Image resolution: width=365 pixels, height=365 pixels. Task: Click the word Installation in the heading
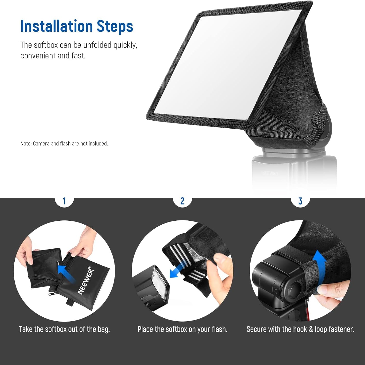[x=56, y=26]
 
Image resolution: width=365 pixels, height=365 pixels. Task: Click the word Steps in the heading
[x=115, y=26]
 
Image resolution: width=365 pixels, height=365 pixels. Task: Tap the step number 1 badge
[x=64, y=201]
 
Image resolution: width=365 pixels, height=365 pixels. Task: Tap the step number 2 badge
[x=182, y=201]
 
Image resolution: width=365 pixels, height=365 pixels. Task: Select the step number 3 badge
[x=300, y=201]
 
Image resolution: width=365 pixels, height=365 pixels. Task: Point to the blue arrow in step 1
[x=66, y=274]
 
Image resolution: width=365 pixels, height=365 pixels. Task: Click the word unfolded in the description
[x=97, y=45]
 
